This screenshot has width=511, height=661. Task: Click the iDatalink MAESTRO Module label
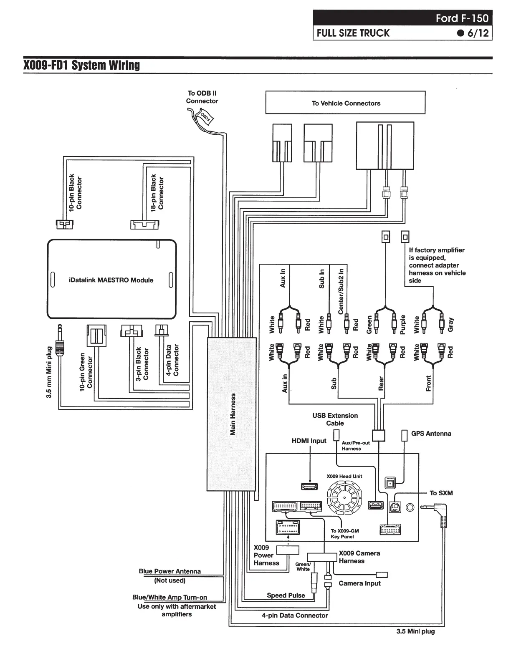coord(111,280)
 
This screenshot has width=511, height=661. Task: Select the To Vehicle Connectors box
coord(345,103)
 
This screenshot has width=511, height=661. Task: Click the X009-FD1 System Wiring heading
coord(81,66)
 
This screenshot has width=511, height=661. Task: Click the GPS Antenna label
coord(431,434)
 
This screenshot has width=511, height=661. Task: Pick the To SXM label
coord(441,493)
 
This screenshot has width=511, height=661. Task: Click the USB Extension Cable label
coord(335,419)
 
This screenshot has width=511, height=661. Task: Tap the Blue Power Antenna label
coord(169,571)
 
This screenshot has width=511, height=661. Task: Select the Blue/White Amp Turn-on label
coord(169,597)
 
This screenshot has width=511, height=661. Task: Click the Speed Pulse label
coord(286,595)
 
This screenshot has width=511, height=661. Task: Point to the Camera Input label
coord(359,583)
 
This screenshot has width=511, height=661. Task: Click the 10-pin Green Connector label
coord(86,371)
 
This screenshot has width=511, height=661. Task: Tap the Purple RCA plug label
coord(403,325)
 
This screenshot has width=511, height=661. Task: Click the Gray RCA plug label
coord(450,325)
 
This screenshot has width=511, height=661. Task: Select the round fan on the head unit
coord(345,498)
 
